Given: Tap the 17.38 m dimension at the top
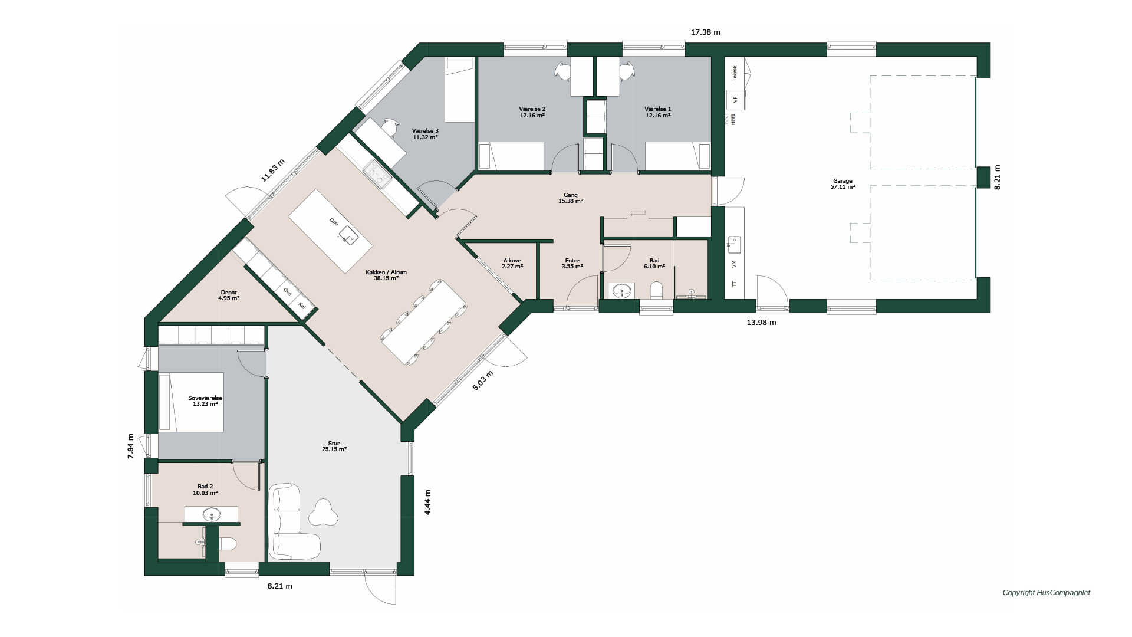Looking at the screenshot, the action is (705, 32).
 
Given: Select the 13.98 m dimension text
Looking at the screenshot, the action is (761, 323).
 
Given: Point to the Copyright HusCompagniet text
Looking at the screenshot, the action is (1046, 593).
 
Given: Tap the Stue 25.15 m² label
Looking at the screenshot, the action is (334, 446).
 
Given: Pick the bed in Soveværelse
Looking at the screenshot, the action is (192, 402).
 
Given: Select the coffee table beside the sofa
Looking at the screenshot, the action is (323, 512).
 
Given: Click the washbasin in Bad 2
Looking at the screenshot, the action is (211, 515).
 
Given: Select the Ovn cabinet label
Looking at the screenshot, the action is (288, 291).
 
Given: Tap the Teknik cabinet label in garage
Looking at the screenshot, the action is (735, 73).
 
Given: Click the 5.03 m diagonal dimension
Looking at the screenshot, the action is (482, 381).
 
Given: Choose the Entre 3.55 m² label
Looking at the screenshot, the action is (572, 264).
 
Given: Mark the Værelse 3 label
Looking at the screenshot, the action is (425, 134).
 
